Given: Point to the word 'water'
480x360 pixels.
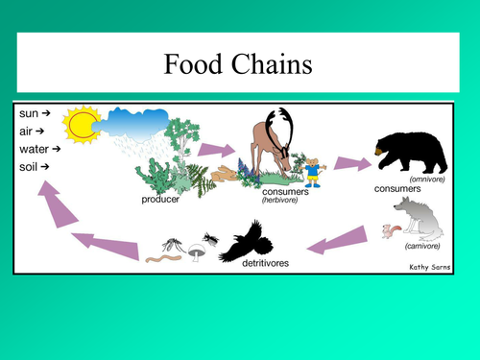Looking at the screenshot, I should coord(31,149).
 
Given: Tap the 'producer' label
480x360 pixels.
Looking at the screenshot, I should coord(160,199).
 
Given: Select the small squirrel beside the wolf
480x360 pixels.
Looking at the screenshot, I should coord(390,230).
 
